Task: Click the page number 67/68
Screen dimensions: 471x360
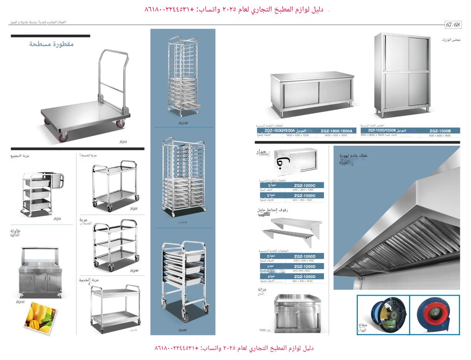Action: [453, 25]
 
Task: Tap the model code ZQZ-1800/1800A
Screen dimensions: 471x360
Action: [336, 131]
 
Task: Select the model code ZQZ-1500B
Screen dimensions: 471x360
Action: [439, 131]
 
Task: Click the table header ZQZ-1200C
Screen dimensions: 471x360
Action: [304, 185]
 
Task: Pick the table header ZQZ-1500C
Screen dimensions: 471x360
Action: [304, 195]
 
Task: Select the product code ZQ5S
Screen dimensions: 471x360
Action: [57, 219]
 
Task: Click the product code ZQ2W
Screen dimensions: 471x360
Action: [134, 271]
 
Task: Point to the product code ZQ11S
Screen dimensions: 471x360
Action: [20, 302]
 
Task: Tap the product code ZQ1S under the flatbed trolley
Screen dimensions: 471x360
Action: [123, 142]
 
